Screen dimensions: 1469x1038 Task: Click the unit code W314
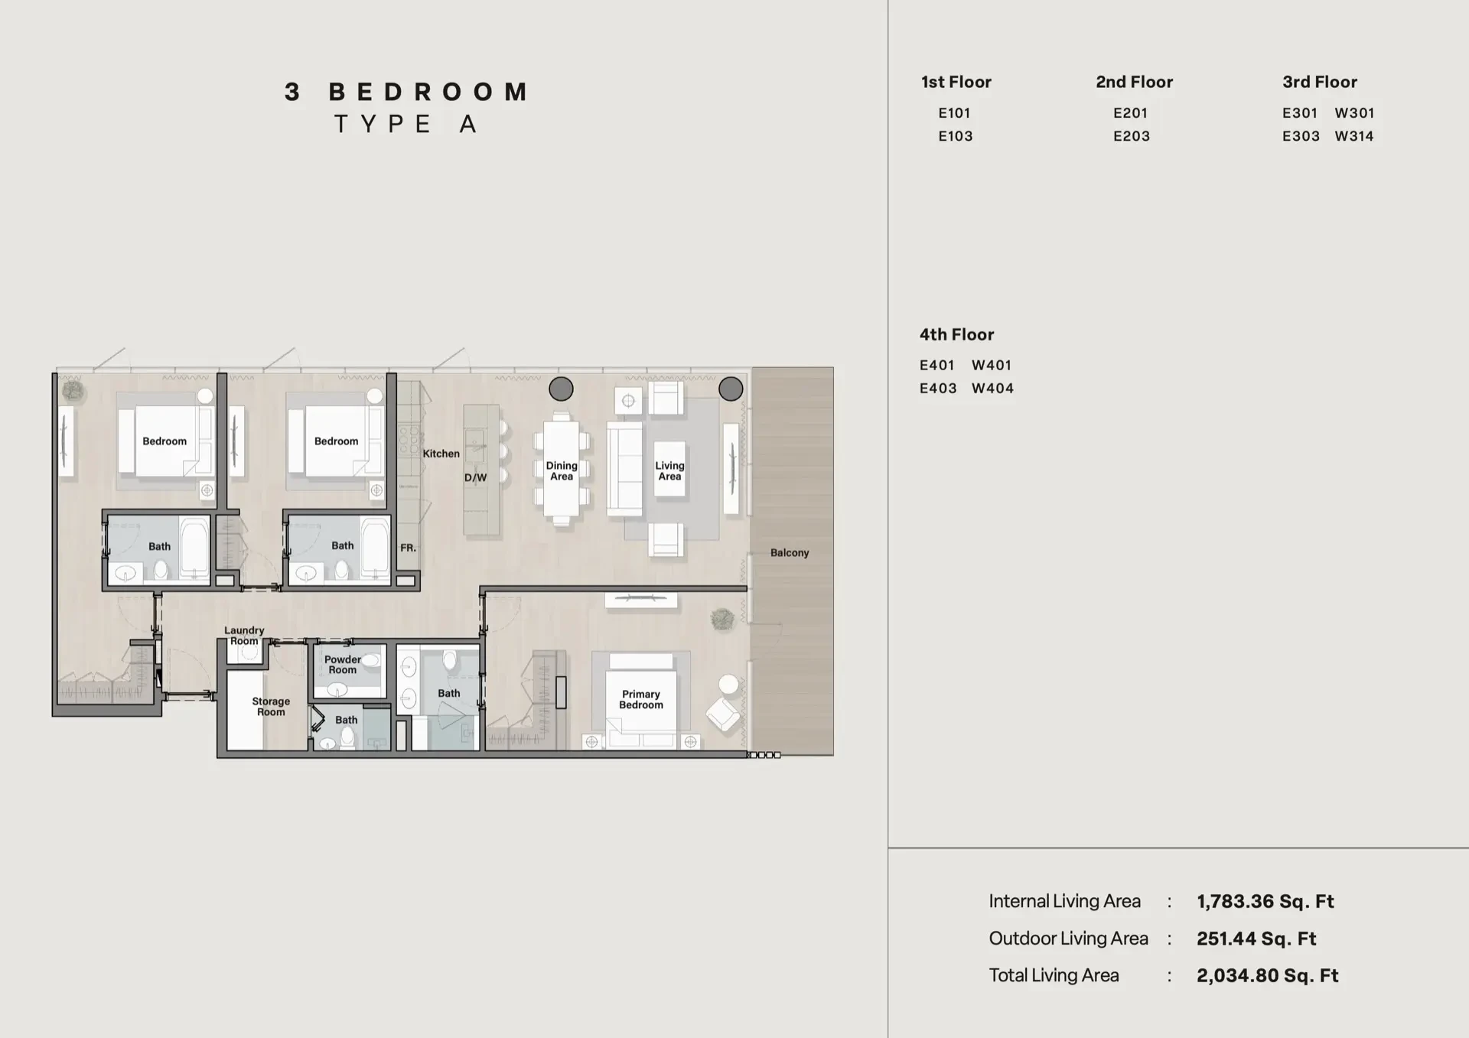(x=1354, y=136)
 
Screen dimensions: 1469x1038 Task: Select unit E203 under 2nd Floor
(x=1132, y=136)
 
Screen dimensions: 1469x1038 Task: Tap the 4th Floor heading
(x=956, y=334)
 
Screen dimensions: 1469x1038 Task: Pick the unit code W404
(x=992, y=389)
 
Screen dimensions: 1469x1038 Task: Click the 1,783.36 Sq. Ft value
(x=1265, y=902)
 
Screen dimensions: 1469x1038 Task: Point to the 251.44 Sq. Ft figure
(x=1256, y=939)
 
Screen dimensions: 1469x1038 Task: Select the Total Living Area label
(x=1054, y=975)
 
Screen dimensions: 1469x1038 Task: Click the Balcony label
(x=790, y=552)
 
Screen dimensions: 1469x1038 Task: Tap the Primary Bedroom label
(x=641, y=699)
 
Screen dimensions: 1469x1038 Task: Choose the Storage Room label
(x=271, y=706)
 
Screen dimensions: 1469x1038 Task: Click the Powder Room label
(x=342, y=664)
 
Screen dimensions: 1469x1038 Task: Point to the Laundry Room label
(x=244, y=636)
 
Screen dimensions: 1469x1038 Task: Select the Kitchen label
(x=441, y=454)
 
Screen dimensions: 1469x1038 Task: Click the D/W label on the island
(x=475, y=478)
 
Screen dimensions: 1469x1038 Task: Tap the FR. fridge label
(x=409, y=548)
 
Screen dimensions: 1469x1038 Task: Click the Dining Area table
(x=562, y=469)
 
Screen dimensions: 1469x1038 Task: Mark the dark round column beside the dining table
(x=561, y=389)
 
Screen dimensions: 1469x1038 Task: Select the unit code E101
(x=954, y=113)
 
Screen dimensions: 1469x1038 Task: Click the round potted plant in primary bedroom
(x=722, y=619)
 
